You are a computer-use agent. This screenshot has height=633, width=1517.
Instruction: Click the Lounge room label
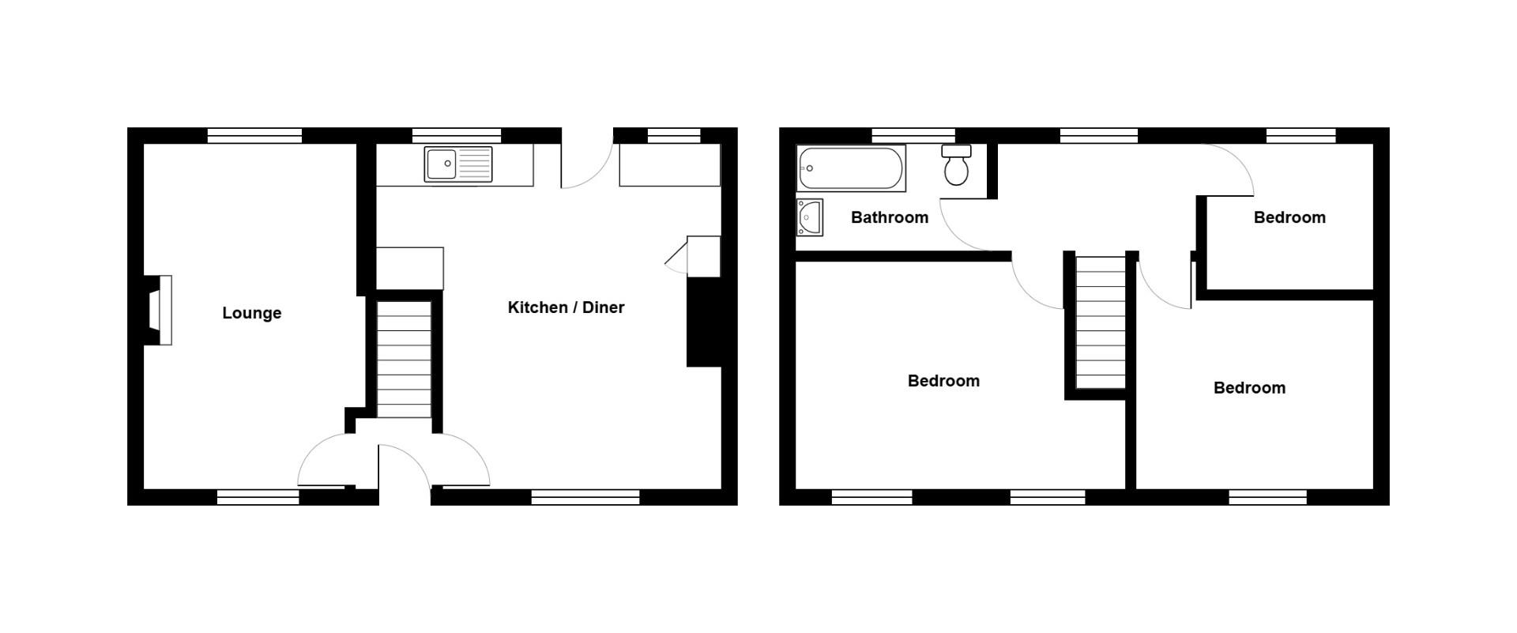pos(251,313)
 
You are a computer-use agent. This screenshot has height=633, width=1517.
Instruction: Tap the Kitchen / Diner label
pos(566,307)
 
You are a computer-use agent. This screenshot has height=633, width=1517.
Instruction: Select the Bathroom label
pos(889,217)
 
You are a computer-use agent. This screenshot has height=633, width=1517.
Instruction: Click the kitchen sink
pos(457,164)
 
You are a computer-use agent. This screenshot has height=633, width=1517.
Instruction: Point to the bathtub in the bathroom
pos(850,168)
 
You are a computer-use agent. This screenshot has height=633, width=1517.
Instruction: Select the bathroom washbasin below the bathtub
pos(810,217)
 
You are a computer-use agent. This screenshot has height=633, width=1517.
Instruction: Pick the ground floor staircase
pos(404,359)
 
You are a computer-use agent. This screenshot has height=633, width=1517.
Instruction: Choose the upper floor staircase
pos(1101,320)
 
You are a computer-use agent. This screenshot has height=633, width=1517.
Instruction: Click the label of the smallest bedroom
pos(1289,217)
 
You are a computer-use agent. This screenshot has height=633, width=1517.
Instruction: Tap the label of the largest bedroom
pos(943,381)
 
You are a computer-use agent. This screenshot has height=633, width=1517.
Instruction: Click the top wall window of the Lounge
pos(254,135)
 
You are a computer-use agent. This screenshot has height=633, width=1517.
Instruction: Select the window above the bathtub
pos(913,135)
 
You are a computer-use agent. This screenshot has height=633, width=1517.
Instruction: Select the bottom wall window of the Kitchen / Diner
pos(585,497)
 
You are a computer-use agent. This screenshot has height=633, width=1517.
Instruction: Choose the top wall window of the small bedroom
pos(1301,135)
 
